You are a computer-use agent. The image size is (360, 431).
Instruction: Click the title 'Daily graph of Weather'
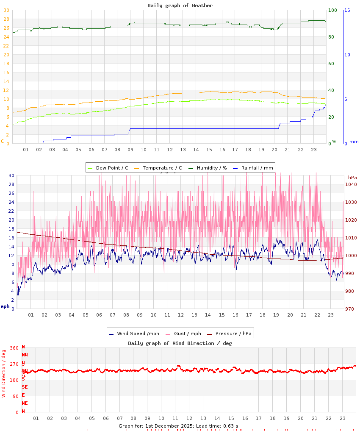coord(180,6)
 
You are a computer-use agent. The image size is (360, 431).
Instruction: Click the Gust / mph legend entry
coord(185,334)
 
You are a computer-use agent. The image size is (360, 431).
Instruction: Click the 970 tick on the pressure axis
coord(349,309)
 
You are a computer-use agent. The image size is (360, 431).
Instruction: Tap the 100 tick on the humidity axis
coord(332,10)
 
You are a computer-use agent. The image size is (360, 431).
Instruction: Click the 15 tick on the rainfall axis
coord(347,10)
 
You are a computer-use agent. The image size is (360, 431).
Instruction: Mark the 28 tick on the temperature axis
coord(6,19)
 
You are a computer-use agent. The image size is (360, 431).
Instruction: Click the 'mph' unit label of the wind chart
coord(5,306)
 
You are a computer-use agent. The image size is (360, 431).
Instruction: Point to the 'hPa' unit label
coord(352,178)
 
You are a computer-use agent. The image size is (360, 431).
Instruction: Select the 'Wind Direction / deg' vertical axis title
coord(4,373)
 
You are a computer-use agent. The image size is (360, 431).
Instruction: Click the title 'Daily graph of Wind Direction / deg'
coord(180,343)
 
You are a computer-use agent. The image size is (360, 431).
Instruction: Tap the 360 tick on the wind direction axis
coord(14,348)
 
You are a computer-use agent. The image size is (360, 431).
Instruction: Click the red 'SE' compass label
coord(25,387)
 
